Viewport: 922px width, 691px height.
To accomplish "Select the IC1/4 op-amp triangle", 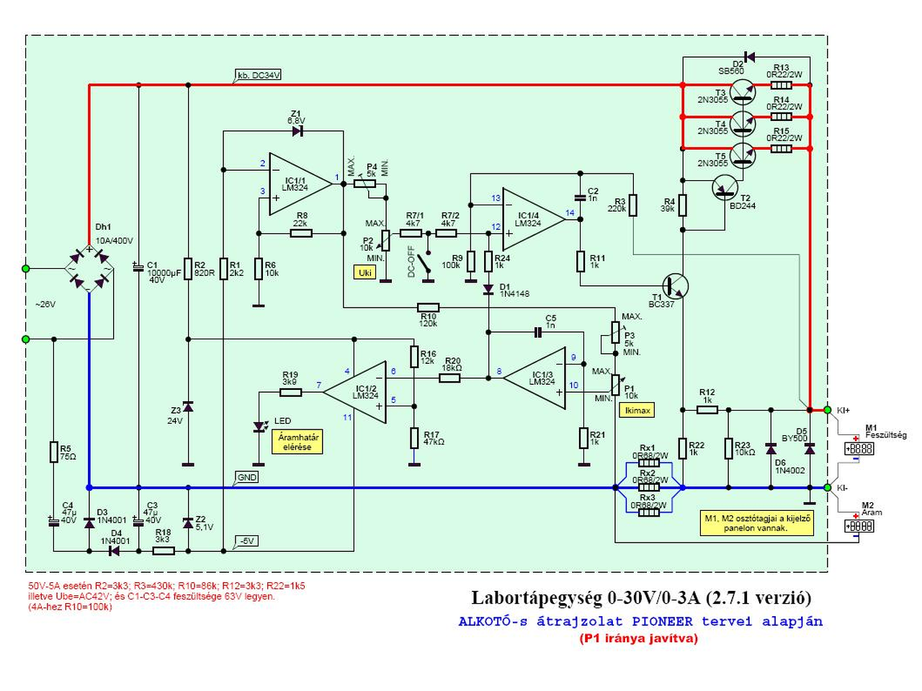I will click(532, 219).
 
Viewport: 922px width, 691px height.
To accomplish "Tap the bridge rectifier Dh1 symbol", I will click(89, 269).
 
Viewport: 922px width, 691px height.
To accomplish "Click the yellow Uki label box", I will click(365, 272).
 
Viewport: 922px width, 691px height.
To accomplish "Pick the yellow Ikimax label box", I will click(637, 410).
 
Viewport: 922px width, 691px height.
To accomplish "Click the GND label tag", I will click(246, 477).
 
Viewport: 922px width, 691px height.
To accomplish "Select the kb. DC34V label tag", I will click(259, 75).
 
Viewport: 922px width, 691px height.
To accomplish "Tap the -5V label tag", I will click(247, 541).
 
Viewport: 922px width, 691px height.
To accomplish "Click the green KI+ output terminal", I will click(828, 410).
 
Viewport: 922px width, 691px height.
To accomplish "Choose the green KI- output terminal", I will click(828, 488).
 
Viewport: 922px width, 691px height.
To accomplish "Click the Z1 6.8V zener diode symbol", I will click(297, 131).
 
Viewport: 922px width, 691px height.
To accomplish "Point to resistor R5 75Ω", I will click(53, 452).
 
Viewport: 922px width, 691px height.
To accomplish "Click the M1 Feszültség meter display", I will click(859, 448).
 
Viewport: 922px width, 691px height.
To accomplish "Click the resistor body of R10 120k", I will click(429, 308).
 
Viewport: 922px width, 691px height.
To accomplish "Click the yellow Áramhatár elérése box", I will click(297, 442).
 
